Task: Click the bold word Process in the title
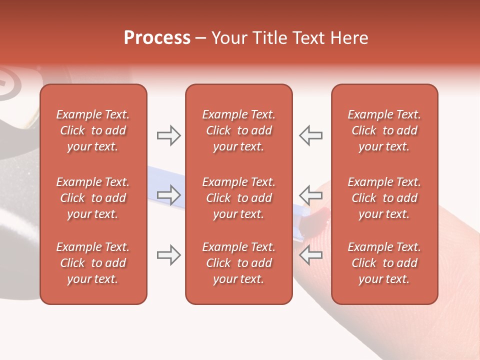coord(157,38)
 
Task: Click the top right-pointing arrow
coord(168,135)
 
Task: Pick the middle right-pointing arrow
coord(168,195)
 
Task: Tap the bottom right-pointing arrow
coord(168,255)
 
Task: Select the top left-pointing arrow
coord(310,135)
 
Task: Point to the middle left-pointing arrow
coord(310,195)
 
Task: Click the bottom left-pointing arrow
coord(310,255)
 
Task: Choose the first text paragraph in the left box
coord(93,130)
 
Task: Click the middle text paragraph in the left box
coord(93,198)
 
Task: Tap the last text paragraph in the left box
coord(93,263)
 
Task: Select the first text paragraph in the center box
coord(238,130)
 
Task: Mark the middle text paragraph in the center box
coord(238,198)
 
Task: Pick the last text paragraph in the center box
coord(238,263)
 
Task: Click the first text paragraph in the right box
coord(384,130)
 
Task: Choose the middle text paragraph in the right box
coord(384,198)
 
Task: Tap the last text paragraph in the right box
coord(384,263)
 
